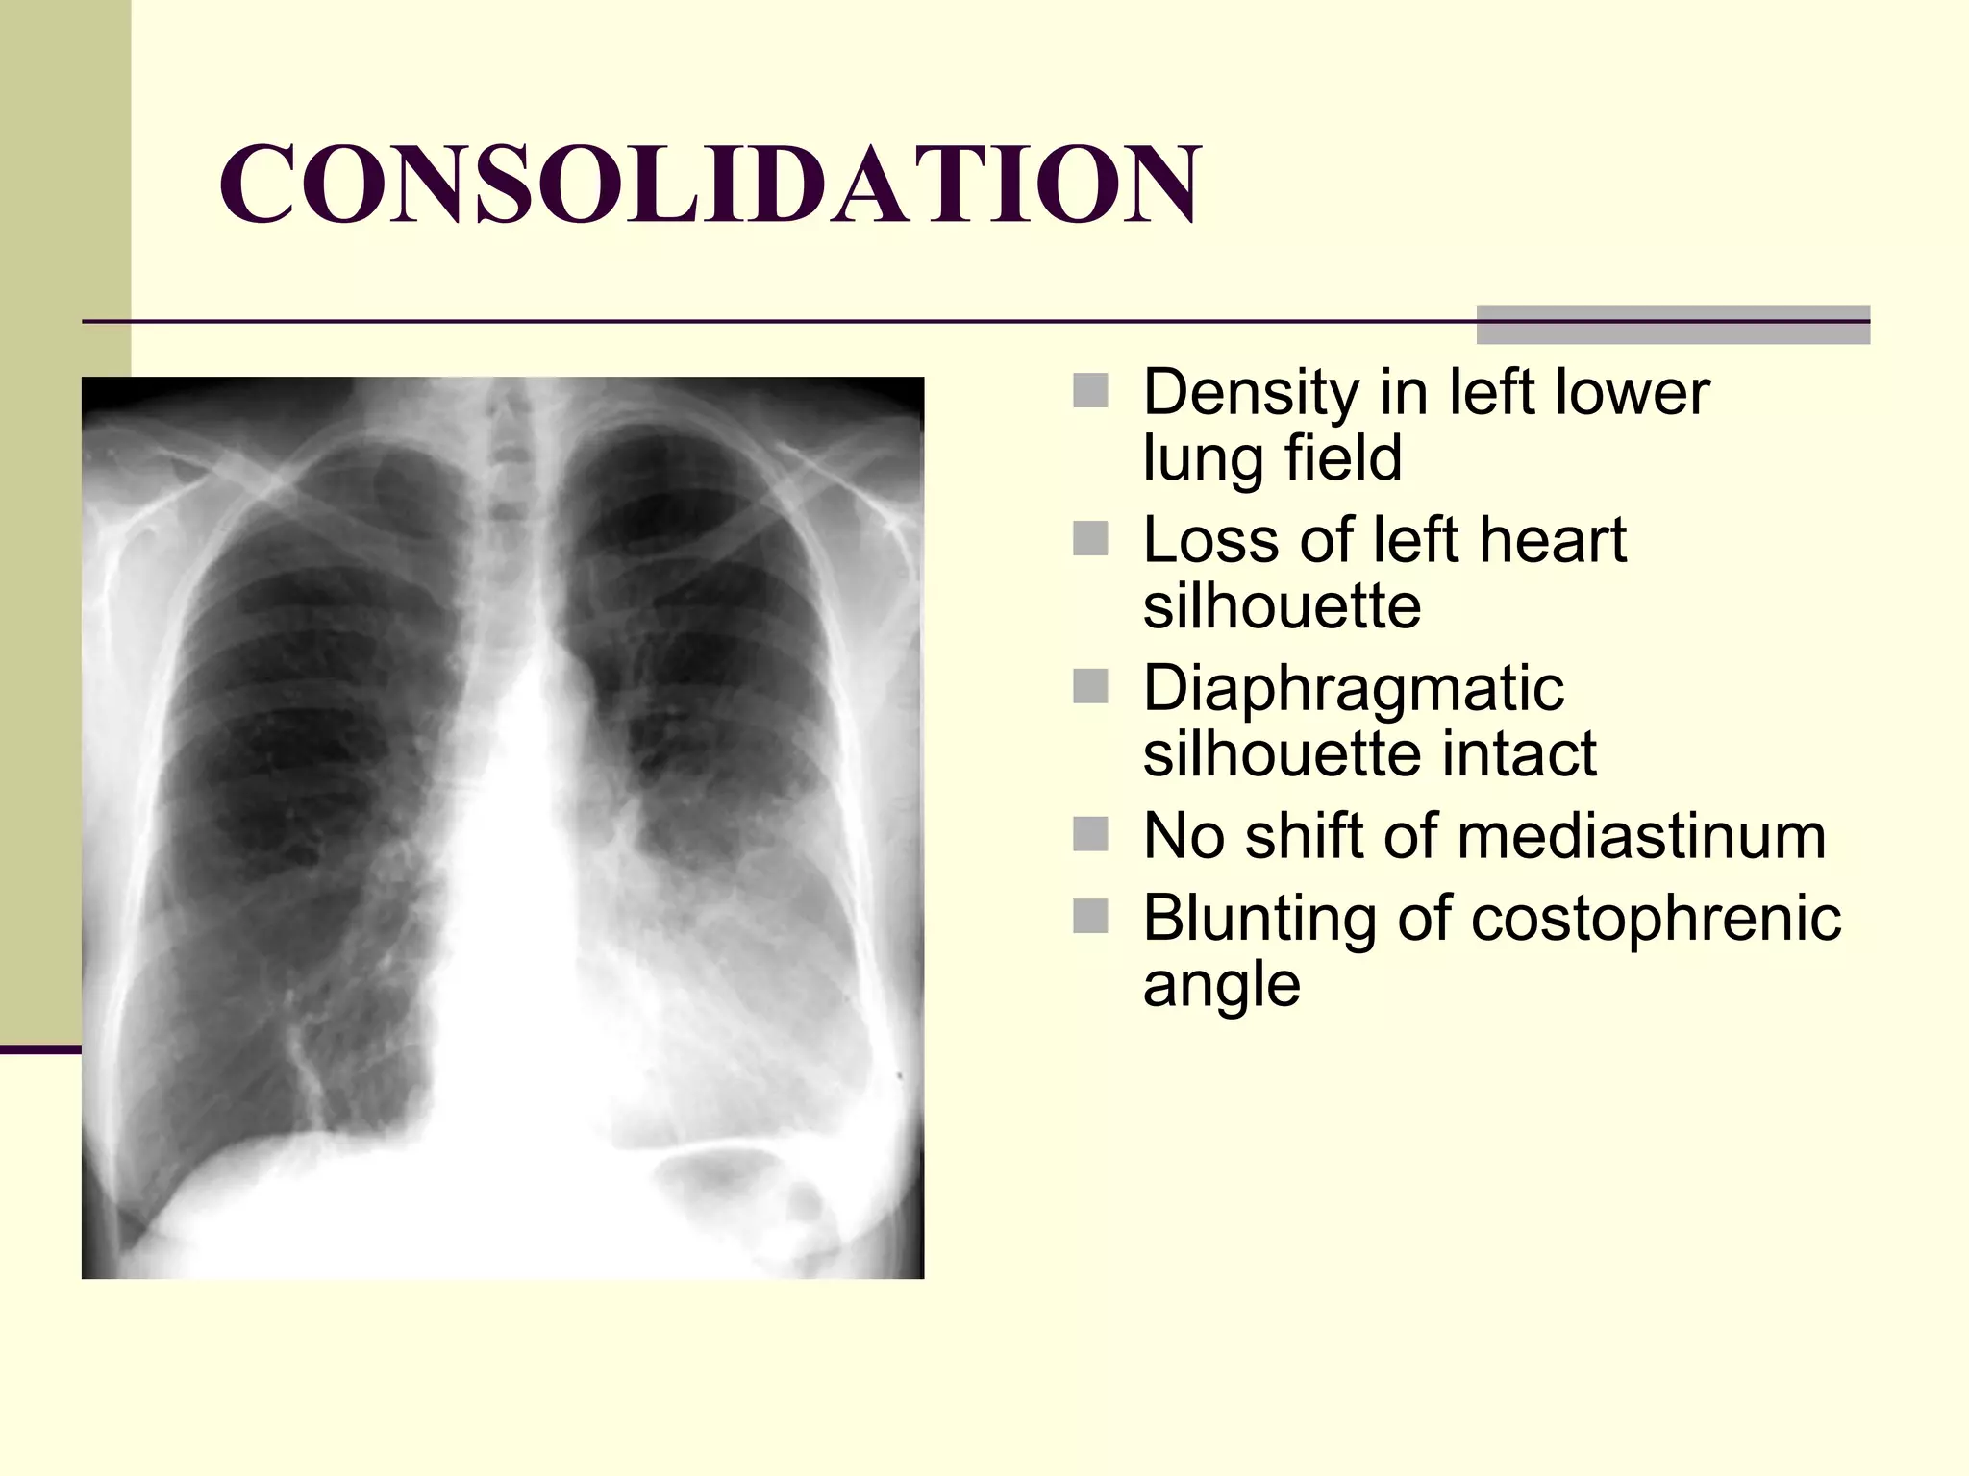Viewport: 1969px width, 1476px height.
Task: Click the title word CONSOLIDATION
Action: pyautogui.click(x=710, y=184)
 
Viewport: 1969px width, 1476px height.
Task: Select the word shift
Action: pyautogui.click(x=1306, y=836)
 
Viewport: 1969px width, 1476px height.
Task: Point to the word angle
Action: pyautogui.click(x=1221, y=984)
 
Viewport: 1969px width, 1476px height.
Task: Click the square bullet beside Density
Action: pyautogui.click(x=1090, y=391)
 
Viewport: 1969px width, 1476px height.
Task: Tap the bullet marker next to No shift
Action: pyautogui.click(x=1090, y=834)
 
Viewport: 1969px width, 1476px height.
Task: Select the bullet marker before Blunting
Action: pyautogui.click(x=1090, y=916)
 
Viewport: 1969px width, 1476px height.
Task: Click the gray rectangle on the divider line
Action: pyautogui.click(x=1673, y=325)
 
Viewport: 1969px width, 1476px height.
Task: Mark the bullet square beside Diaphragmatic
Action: pyautogui.click(x=1090, y=687)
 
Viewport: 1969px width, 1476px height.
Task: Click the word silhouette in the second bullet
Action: pyautogui.click(x=1282, y=606)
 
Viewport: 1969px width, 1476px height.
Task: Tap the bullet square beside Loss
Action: pyautogui.click(x=1090, y=539)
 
